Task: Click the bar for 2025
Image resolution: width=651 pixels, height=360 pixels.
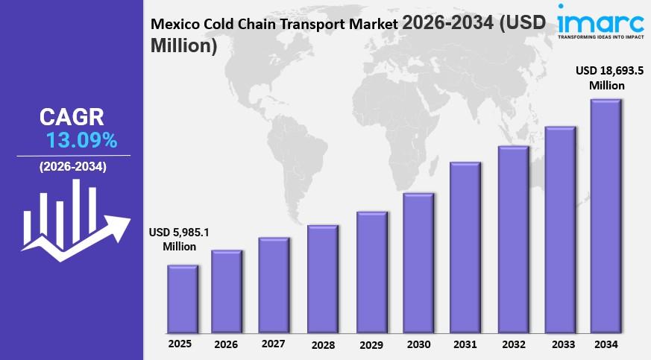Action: [182, 299]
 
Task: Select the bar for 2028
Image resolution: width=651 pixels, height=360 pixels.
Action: [323, 279]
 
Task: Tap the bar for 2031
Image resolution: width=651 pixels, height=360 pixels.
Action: [465, 247]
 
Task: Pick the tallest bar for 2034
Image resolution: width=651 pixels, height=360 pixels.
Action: [606, 216]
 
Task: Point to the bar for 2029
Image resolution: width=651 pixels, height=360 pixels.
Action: [371, 272]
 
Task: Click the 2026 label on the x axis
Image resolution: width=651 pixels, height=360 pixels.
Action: [227, 344]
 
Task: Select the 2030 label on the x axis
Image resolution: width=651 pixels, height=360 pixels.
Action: [418, 344]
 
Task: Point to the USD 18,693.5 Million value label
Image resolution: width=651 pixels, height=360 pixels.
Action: [608, 78]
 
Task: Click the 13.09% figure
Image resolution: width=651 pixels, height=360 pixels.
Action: [81, 139]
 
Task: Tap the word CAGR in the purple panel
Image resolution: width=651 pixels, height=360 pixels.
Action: [72, 116]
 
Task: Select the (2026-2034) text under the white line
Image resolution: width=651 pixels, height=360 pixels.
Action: [73, 167]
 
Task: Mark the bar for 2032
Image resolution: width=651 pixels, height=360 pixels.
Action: [513, 239]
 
